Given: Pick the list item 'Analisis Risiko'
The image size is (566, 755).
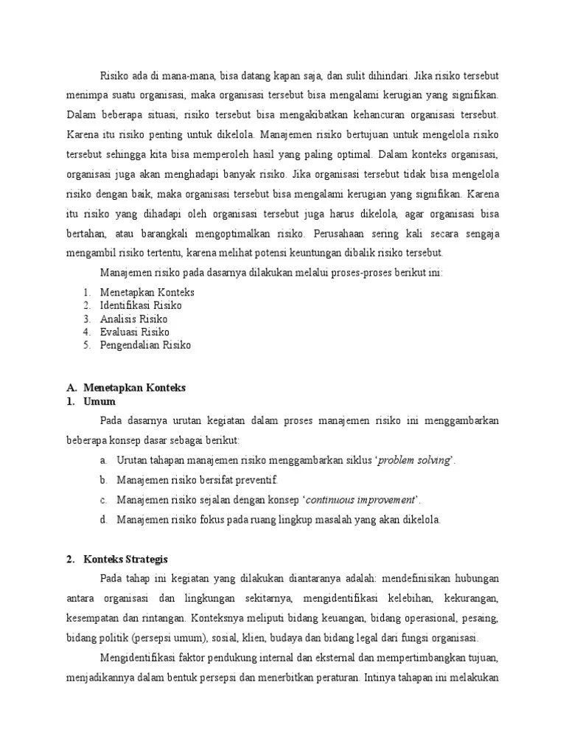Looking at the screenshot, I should coord(133,319).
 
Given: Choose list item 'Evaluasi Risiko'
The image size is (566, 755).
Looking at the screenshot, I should coord(134,332).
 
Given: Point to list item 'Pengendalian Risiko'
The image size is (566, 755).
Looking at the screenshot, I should coord(145,345).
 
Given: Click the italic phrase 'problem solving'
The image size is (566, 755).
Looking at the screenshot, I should coord(413,460).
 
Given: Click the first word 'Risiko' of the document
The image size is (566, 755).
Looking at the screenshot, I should coord(114,75).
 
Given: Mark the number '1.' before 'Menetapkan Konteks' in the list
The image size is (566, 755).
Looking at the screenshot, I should coord(86,292).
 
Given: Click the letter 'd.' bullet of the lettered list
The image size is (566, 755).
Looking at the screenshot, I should coord(104,520).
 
